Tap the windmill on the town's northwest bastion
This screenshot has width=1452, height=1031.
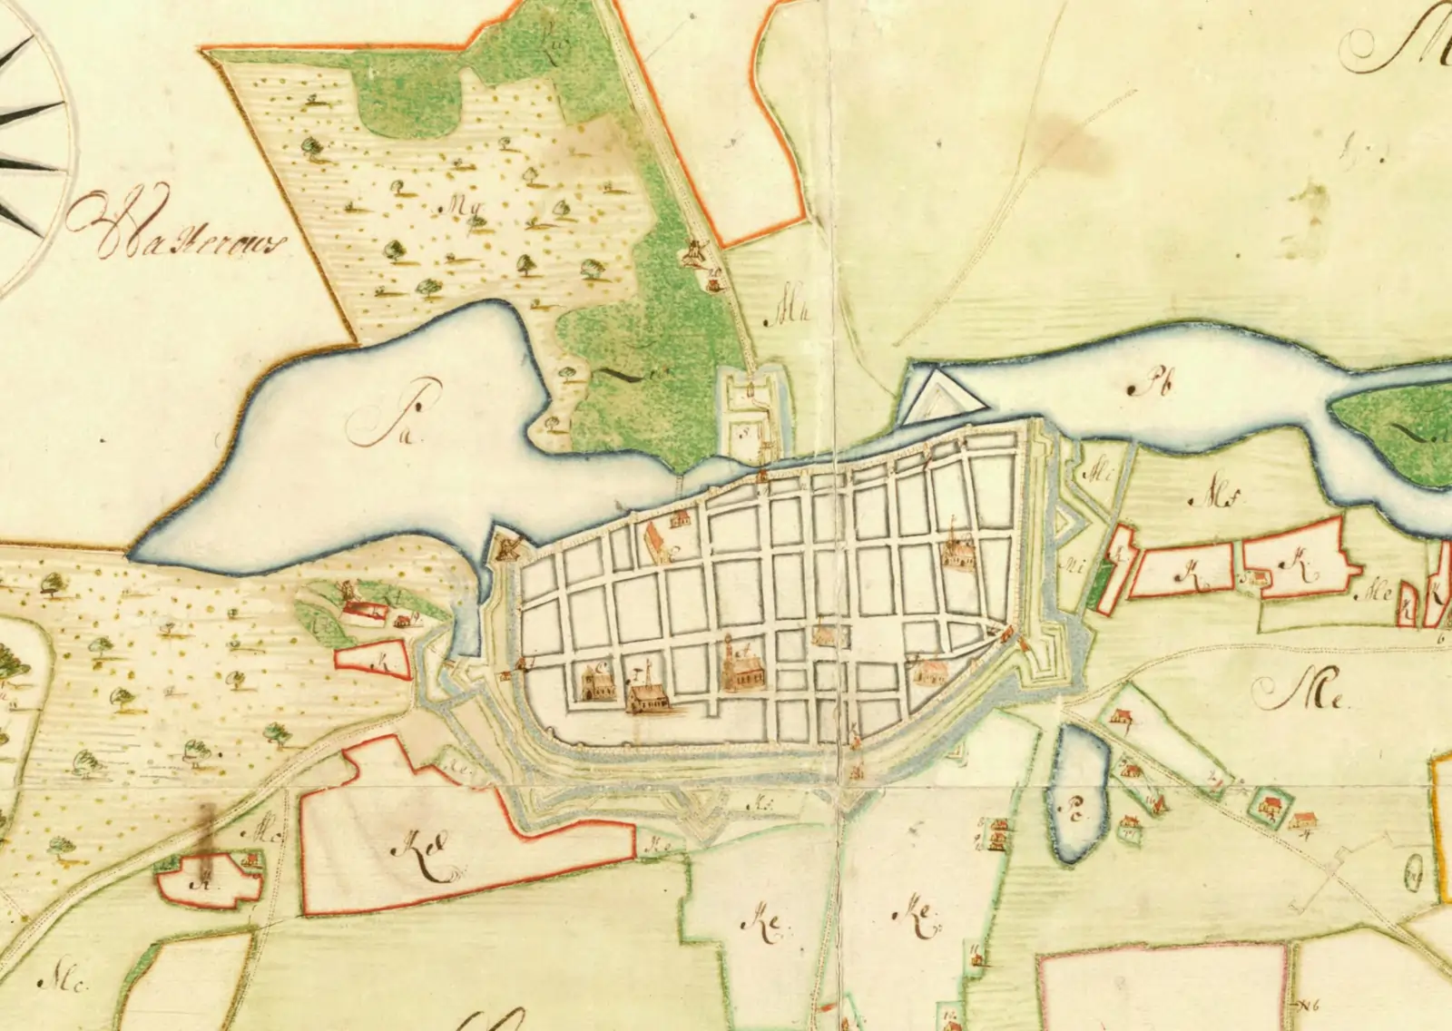pyautogui.click(x=507, y=545)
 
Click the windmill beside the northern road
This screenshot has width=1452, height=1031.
pyautogui.click(x=695, y=252)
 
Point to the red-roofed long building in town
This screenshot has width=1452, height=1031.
pyautogui.click(x=657, y=543)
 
